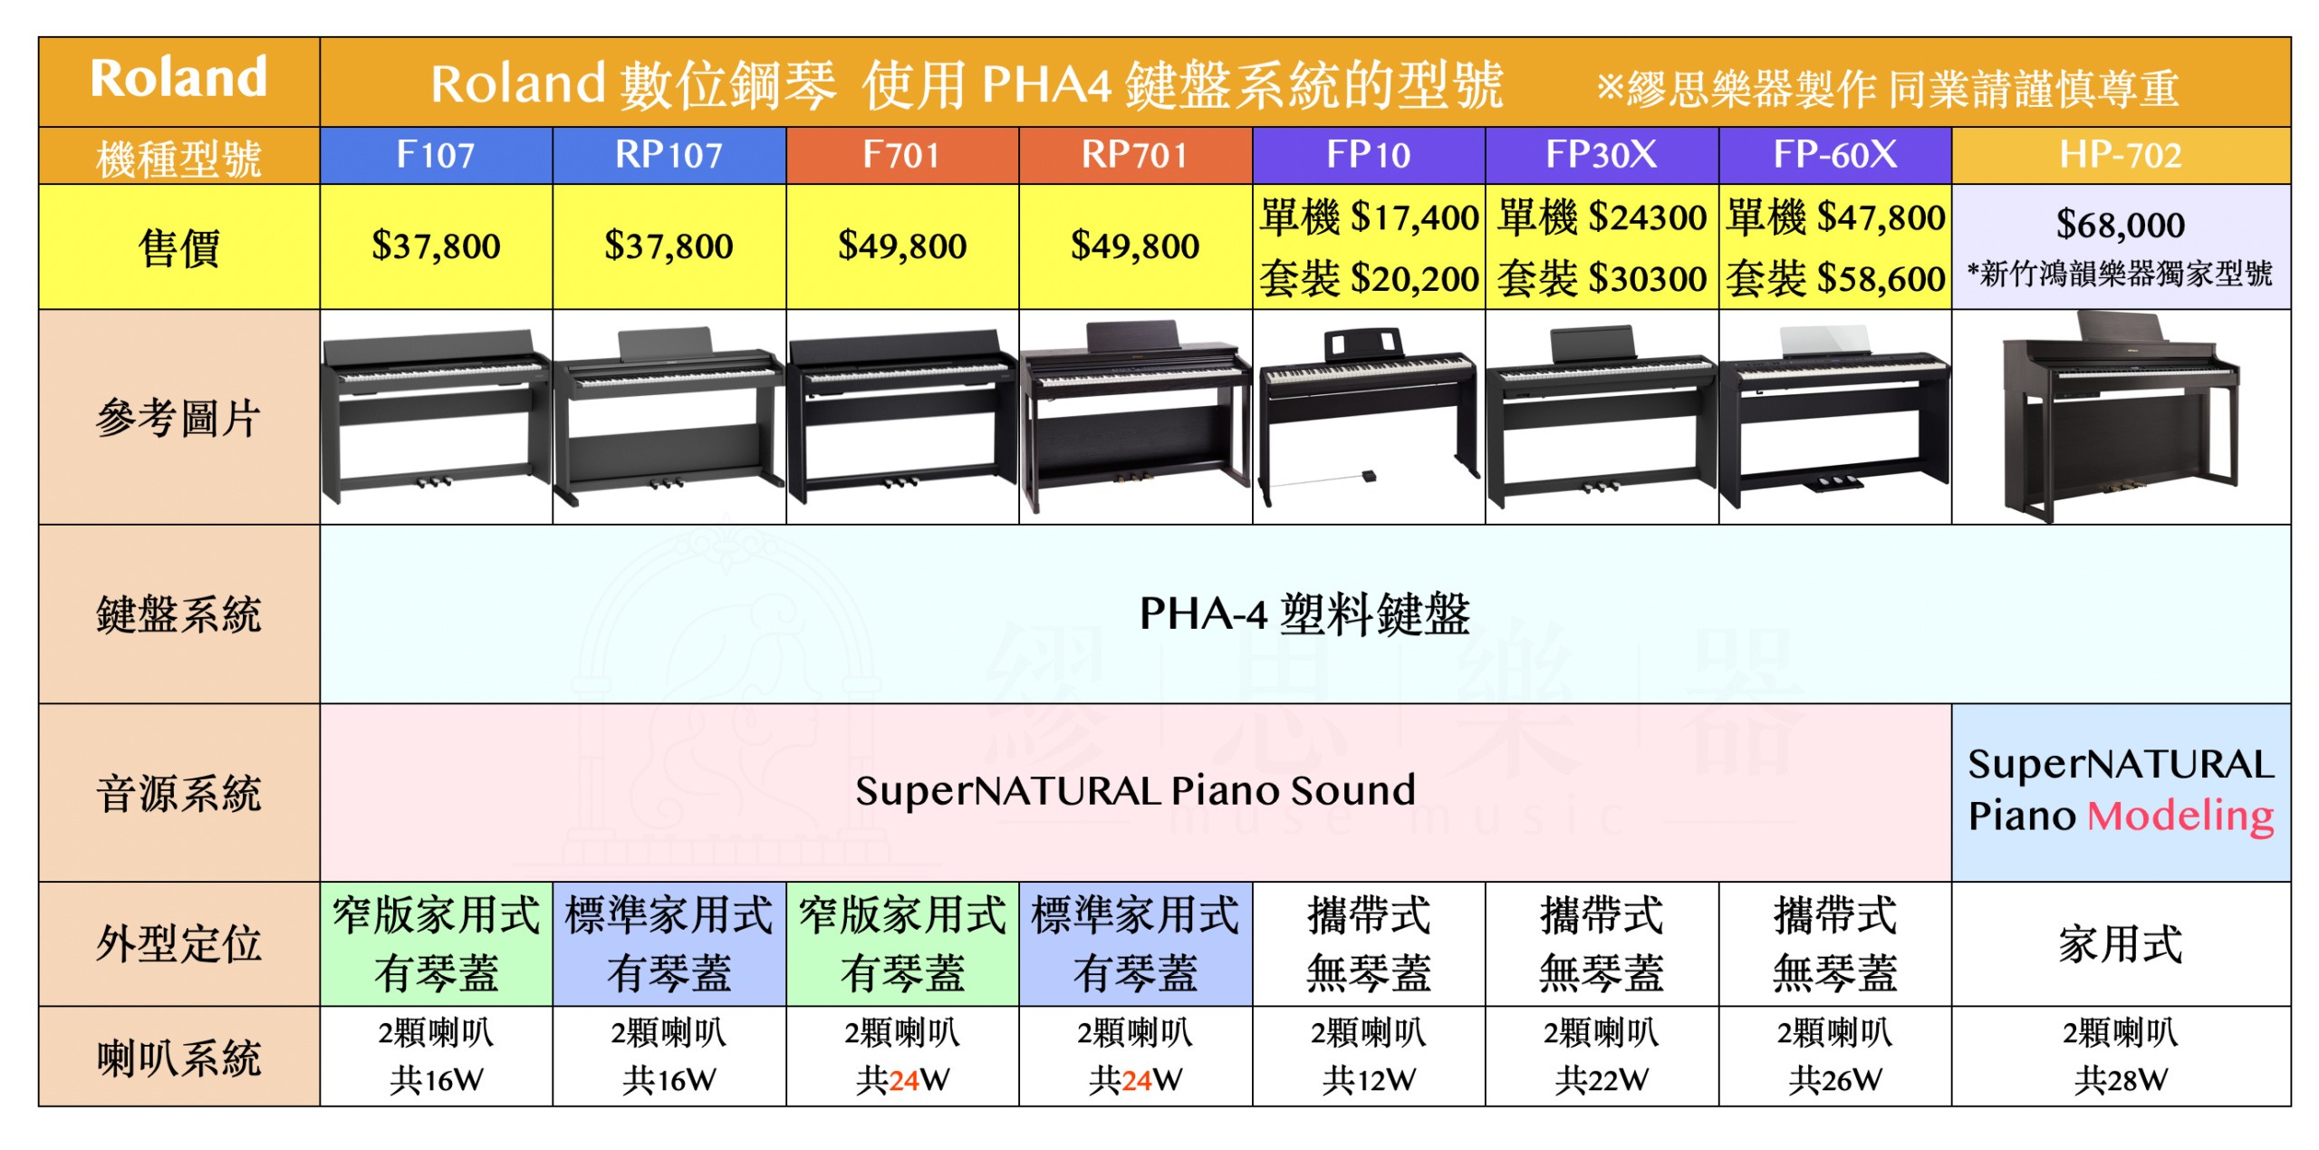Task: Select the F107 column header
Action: [436, 155]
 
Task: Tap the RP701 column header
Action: [1134, 155]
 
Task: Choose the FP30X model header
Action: [1601, 155]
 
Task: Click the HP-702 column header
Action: [2120, 155]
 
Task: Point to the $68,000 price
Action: [2120, 224]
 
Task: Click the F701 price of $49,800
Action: [902, 246]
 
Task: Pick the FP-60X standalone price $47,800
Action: [1835, 217]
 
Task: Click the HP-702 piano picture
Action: [2120, 417]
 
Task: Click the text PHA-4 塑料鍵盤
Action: [1304, 614]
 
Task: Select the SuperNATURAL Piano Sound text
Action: [1134, 790]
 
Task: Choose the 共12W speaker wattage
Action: [1368, 1079]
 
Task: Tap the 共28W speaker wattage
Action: [2120, 1079]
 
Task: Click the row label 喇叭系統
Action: [178, 1057]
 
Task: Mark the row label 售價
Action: [178, 247]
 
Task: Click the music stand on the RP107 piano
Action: [666, 345]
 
